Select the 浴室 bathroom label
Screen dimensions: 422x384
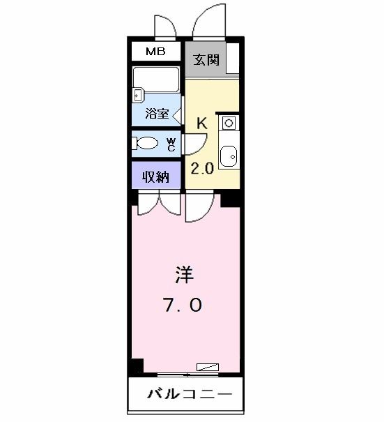pos(156,114)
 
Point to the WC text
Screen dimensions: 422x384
pos(171,144)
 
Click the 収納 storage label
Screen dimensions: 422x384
pos(156,176)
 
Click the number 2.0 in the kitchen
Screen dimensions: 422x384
pos(202,169)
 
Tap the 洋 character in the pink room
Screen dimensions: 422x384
pos(183,275)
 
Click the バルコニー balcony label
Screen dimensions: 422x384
pos(187,395)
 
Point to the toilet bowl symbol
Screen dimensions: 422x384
pos(148,144)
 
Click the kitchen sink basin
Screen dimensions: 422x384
pos(228,156)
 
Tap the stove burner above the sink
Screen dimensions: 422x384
pos(227,124)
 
